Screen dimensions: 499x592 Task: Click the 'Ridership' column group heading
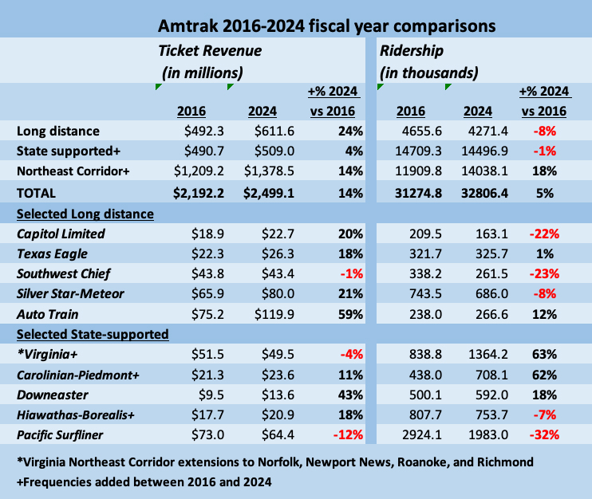412,51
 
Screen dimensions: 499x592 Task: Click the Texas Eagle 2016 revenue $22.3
208,253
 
